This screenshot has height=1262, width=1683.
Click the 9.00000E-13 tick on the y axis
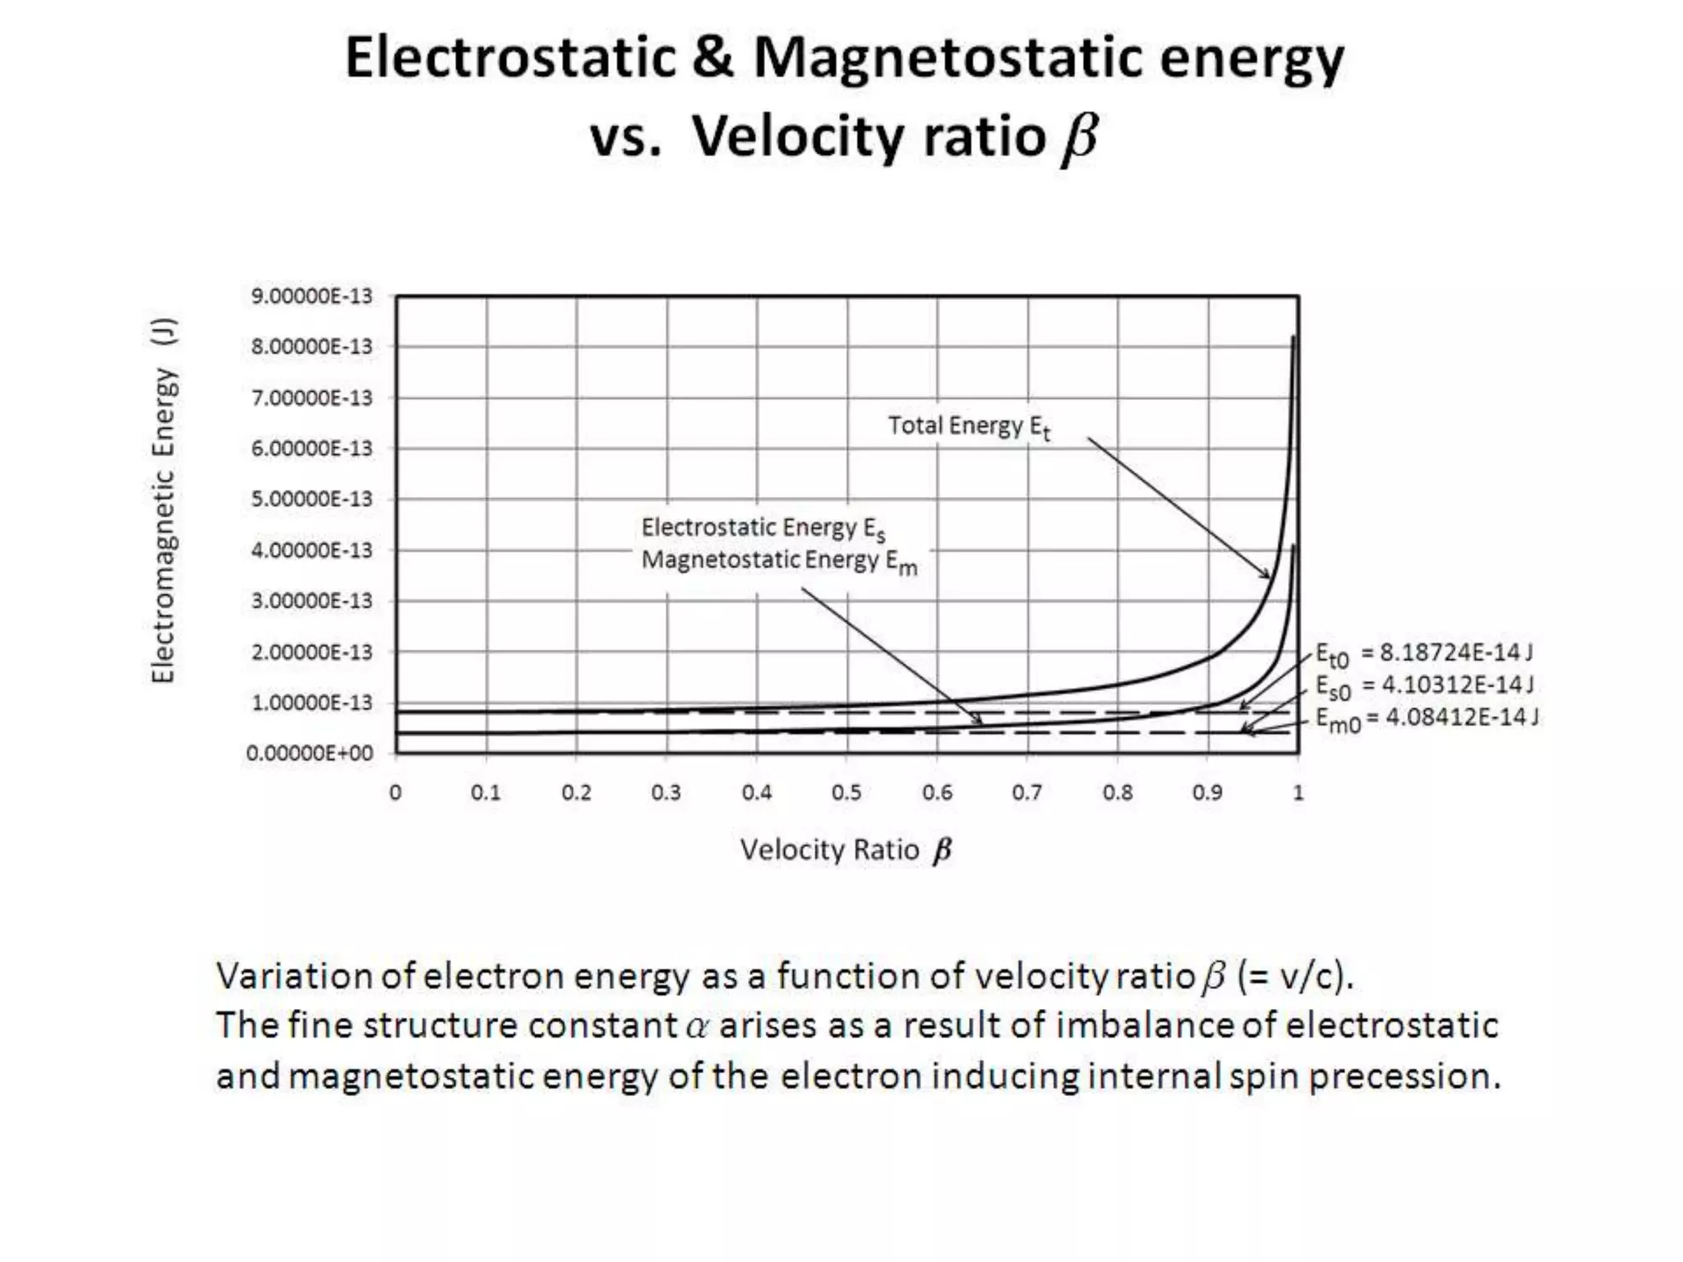[311, 296]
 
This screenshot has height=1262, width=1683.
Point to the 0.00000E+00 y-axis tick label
[310, 753]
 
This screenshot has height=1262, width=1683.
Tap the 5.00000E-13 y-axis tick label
[311, 500]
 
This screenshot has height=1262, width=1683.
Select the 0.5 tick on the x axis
[846, 793]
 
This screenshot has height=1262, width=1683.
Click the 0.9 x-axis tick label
[1207, 793]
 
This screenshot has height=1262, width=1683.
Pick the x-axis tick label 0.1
[486, 793]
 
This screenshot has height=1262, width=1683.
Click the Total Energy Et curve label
[969, 427]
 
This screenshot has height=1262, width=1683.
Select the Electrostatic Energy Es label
[763, 528]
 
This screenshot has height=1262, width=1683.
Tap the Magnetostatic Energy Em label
[778, 562]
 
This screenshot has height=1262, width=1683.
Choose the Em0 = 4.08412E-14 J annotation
[1427, 719]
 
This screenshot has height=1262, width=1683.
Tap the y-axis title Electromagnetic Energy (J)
[164, 500]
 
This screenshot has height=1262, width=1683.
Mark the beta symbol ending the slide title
[1079, 137]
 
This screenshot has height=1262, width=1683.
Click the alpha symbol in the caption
[697, 1027]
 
